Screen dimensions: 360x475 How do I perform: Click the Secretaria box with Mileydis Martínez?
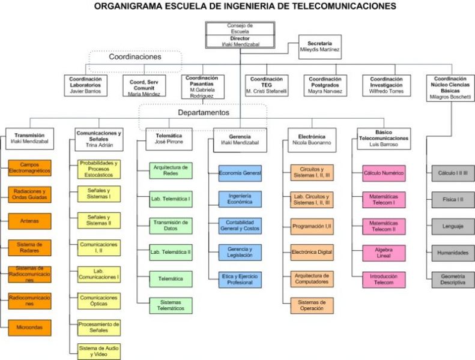pyautogui.click(x=319, y=47)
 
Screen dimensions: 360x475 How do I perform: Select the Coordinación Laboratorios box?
pyautogui.click(x=85, y=85)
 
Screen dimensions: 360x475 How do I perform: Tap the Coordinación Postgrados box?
pyautogui.click(x=325, y=85)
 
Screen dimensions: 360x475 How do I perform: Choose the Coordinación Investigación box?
pyautogui.click(x=386, y=85)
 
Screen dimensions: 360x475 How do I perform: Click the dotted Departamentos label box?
pyautogui.click(x=203, y=112)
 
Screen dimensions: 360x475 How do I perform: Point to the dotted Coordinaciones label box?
pyautogui.click(x=135, y=57)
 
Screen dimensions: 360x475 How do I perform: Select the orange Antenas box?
pyautogui.click(x=29, y=221)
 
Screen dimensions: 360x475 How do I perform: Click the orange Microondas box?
pyautogui.click(x=29, y=326)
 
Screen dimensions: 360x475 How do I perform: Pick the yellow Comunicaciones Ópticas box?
pyautogui.click(x=99, y=301)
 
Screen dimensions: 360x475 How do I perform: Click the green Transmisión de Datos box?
pyautogui.click(x=171, y=225)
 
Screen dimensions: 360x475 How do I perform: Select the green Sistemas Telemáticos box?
pyautogui.click(x=171, y=305)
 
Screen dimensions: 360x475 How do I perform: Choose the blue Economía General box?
pyautogui.click(x=240, y=173)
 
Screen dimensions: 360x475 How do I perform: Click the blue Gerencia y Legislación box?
pyautogui.click(x=240, y=252)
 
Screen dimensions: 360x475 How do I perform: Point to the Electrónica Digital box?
pyautogui.click(x=312, y=253)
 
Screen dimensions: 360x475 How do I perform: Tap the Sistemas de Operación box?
pyautogui.click(x=312, y=305)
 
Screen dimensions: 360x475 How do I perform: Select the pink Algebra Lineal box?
pyautogui.click(x=384, y=253)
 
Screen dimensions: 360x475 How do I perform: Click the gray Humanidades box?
pyautogui.click(x=453, y=253)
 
